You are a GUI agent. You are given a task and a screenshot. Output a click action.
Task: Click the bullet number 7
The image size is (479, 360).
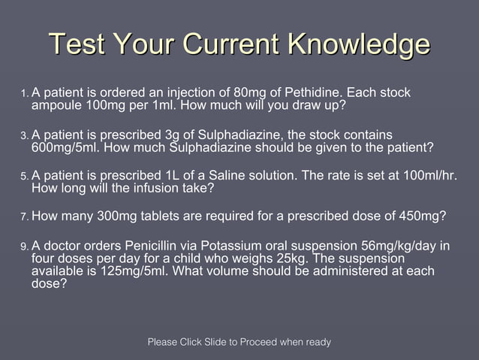coord(24,217)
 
